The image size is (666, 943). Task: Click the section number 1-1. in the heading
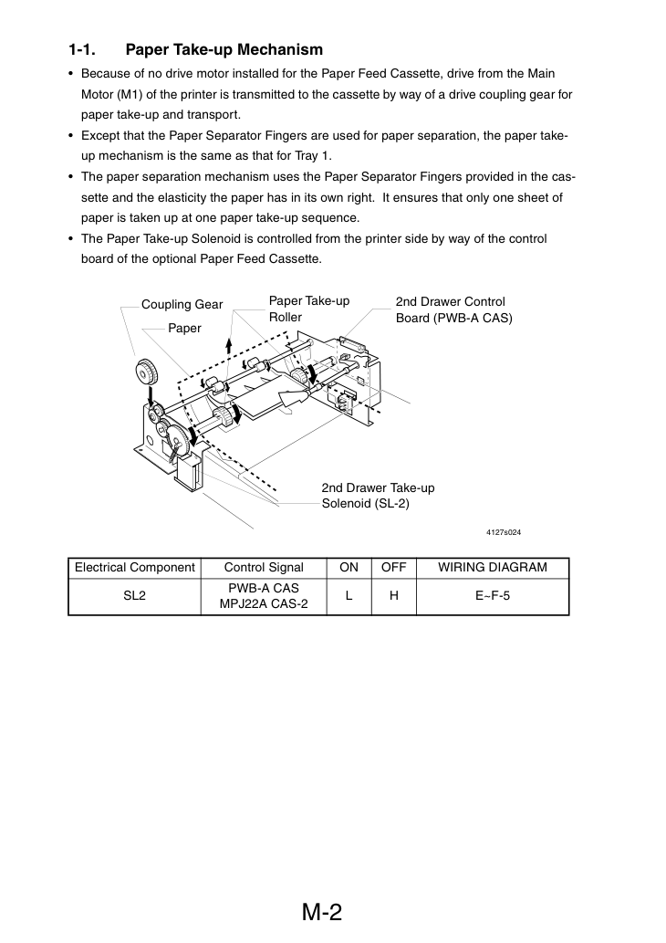pos(82,50)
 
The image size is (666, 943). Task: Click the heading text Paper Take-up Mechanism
pos(224,50)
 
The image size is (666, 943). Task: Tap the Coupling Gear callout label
pos(182,305)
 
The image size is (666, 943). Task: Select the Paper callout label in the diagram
pos(184,329)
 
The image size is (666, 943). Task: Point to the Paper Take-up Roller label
pos(309,309)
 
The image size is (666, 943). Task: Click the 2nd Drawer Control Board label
pos(453,309)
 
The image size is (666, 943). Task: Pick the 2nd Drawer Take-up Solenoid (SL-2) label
pos(378,496)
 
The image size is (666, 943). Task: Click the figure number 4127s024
pos(504,532)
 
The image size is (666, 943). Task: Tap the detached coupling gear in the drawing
pos(146,372)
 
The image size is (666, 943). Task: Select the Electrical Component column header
pos(135,568)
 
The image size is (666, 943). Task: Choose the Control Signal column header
pos(264,568)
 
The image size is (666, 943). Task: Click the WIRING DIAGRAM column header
pos(493,568)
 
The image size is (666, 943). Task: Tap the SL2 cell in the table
pos(135,596)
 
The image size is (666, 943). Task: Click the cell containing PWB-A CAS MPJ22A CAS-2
pos(264,596)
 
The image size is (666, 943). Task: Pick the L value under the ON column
pos(349,596)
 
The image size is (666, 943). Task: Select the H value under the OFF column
pos(394,596)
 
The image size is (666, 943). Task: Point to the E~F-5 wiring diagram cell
pos(493,596)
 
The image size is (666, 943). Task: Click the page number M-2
pos(321,912)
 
